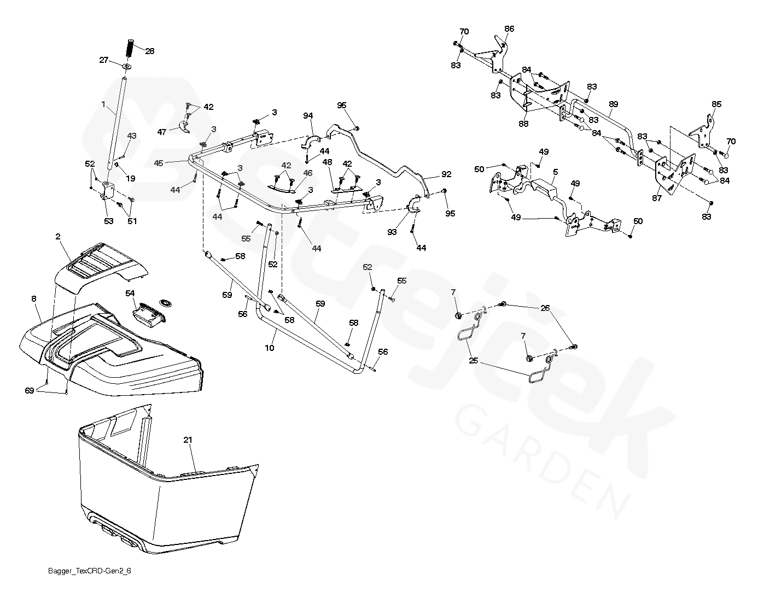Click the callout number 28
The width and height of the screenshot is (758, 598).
(149, 51)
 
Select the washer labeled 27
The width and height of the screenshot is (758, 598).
(127, 67)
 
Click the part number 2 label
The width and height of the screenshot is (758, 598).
(57, 236)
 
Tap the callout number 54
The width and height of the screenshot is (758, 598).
(130, 294)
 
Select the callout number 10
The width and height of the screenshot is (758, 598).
(270, 348)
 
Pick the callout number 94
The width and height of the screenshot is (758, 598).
(308, 115)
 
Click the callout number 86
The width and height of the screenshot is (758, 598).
(509, 28)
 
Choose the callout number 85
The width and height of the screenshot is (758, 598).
(716, 104)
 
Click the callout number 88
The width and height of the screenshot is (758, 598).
(523, 124)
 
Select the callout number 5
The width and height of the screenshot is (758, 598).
(555, 171)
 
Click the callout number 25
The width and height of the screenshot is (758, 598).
(473, 361)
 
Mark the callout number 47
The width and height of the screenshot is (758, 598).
(162, 132)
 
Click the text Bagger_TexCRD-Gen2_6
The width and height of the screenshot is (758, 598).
(89, 571)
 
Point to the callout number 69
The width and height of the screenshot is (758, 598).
(29, 390)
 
